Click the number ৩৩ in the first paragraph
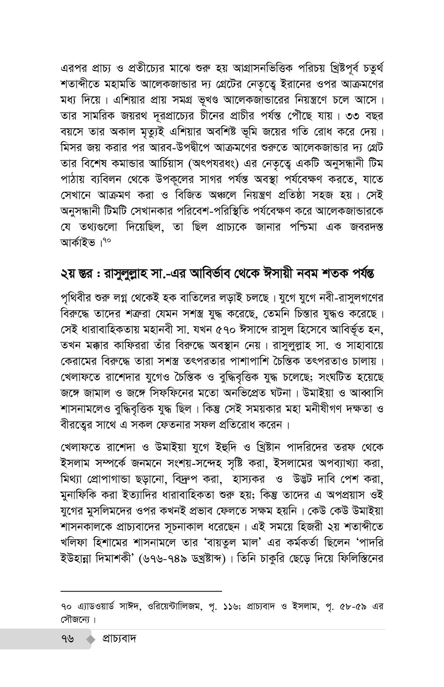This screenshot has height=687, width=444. tap(352, 116)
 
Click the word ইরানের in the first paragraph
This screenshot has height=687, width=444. tap(295, 84)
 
